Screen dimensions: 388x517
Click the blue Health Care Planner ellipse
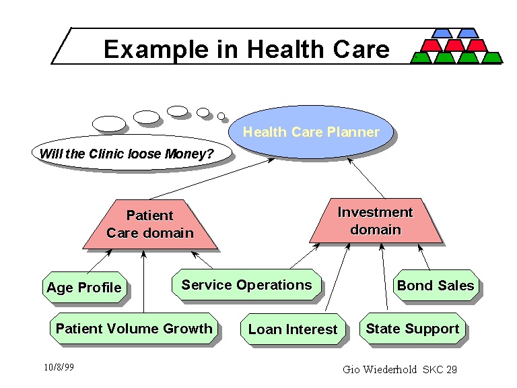[311, 133]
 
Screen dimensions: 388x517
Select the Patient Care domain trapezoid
[149, 224]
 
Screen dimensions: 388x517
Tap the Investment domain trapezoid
[375, 221]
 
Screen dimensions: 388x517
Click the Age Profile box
[84, 288]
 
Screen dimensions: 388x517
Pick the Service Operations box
[246, 285]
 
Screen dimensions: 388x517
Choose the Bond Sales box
[436, 286]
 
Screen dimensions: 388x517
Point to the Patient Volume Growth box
[134, 329]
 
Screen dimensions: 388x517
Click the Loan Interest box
[293, 329]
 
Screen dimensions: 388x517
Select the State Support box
[413, 329]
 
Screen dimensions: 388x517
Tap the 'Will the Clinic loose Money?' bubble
[127, 154]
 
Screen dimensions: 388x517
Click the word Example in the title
[155, 49]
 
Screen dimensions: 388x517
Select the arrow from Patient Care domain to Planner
[209, 179]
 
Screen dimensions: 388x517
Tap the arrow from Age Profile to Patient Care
[100, 261]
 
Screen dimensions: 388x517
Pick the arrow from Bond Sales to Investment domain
[425, 259]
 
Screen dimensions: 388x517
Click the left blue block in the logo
[442, 33]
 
